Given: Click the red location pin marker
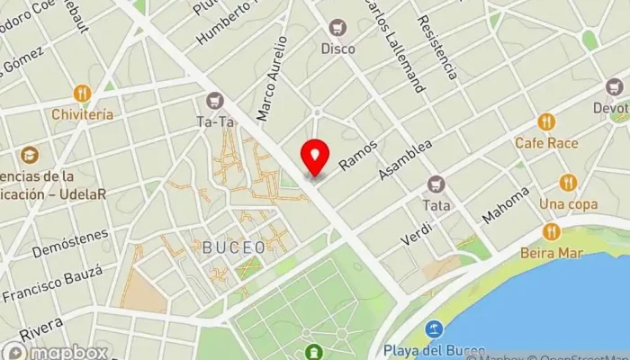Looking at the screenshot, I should [x=315, y=157].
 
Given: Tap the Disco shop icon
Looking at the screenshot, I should [x=338, y=28].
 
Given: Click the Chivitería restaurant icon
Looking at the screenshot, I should [x=83, y=93].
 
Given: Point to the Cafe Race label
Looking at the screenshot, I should [x=546, y=142].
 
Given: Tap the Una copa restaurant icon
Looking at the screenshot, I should [x=567, y=183].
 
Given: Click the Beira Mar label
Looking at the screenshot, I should [x=551, y=253].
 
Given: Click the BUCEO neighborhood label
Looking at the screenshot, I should [x=234, y=247].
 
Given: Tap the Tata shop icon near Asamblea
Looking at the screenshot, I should [x=436, y=184].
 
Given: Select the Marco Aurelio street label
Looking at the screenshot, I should [x=272, y=78].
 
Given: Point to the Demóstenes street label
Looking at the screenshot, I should [x=70, y=243].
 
